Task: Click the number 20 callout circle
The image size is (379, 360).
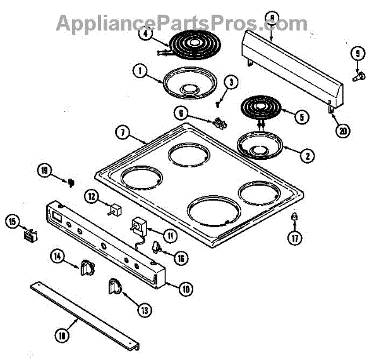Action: click(342, 131)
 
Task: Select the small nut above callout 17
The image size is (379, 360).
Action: click(294, 218)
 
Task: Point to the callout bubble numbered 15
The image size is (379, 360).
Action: click(11, 222)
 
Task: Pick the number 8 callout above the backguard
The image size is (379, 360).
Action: click(272, 18)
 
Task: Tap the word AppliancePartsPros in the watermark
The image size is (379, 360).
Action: click(158, 23)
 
